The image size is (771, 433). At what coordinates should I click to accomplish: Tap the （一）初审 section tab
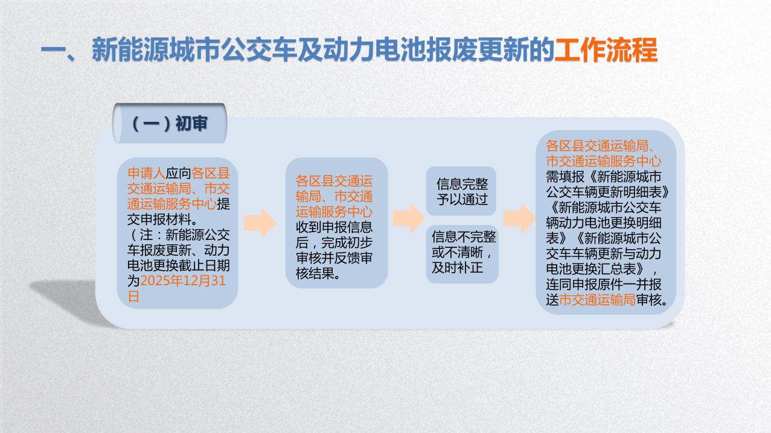(x=169, y=124)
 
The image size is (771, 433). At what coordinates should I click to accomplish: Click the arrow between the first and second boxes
(x=260, y=223)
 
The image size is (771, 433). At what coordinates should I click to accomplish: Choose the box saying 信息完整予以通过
(x=461, y=191)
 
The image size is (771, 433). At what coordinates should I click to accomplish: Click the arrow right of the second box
(x=408, y=218)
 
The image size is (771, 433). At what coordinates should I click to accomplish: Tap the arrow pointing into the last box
(x=519, y=218)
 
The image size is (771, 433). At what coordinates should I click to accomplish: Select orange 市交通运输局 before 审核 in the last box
(x=597, y=300)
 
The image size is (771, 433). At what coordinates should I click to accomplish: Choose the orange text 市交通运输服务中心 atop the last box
(x=603, y=161)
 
